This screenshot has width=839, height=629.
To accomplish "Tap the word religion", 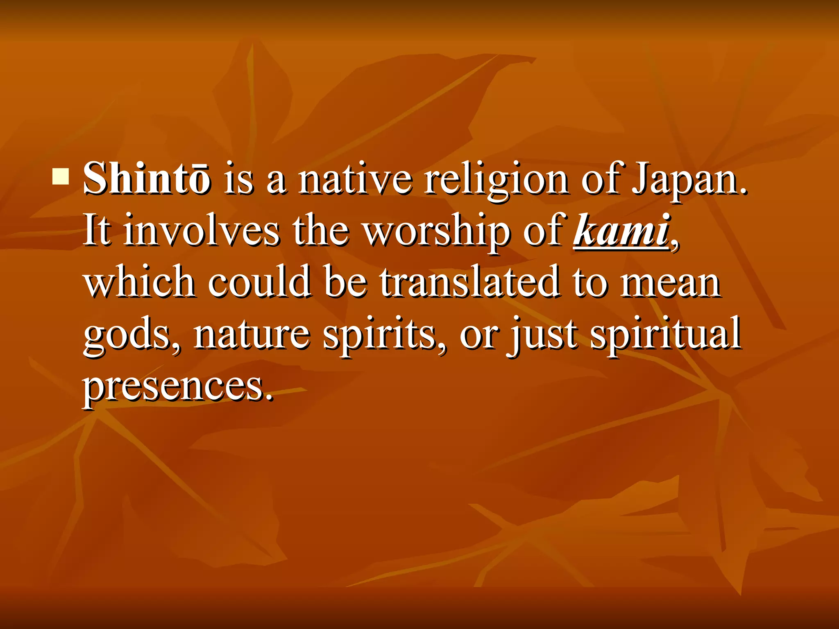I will pyautogui.click(x=495, y=180).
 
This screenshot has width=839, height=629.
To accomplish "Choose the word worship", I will pyautogui.click(x=437, y=231).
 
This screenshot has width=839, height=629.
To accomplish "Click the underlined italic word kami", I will pyautogui.click(x=621, y=230).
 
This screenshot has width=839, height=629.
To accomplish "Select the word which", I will pyautogui.click(x=139, y=282).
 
